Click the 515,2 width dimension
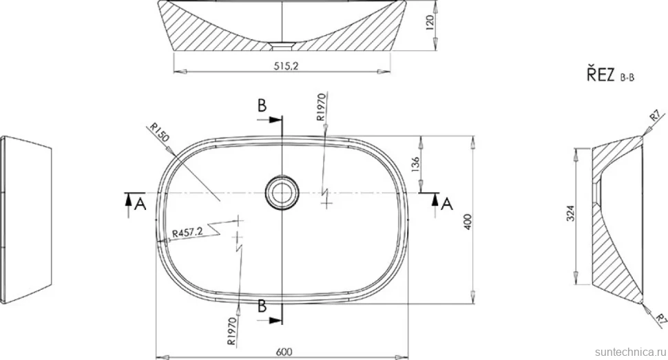tap(286, 65)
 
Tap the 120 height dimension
tap(429, 22)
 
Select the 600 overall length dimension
tap(284, 352)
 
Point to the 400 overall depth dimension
tap(468, 222)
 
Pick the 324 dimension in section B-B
tap(571, 213)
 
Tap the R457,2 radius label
tap(188, 233)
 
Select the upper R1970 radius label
tap(321, 107)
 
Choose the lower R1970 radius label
tap(232, 331)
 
